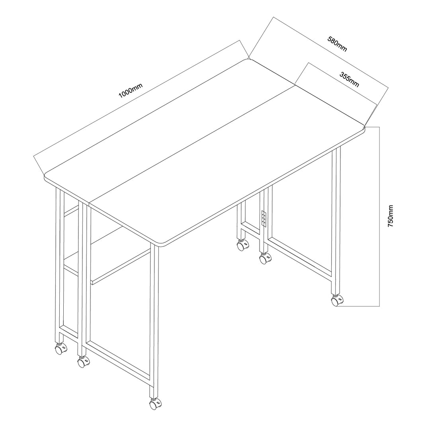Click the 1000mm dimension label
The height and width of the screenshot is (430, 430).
130,89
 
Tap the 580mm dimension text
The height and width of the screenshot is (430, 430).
337,44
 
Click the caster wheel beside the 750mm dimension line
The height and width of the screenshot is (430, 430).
337,301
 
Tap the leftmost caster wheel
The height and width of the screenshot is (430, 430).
61,350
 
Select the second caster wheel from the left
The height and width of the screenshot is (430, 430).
83,362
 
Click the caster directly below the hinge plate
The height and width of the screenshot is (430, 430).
265,259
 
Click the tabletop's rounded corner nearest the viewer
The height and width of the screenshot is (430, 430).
161,244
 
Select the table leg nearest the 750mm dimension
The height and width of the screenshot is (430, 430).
336,219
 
